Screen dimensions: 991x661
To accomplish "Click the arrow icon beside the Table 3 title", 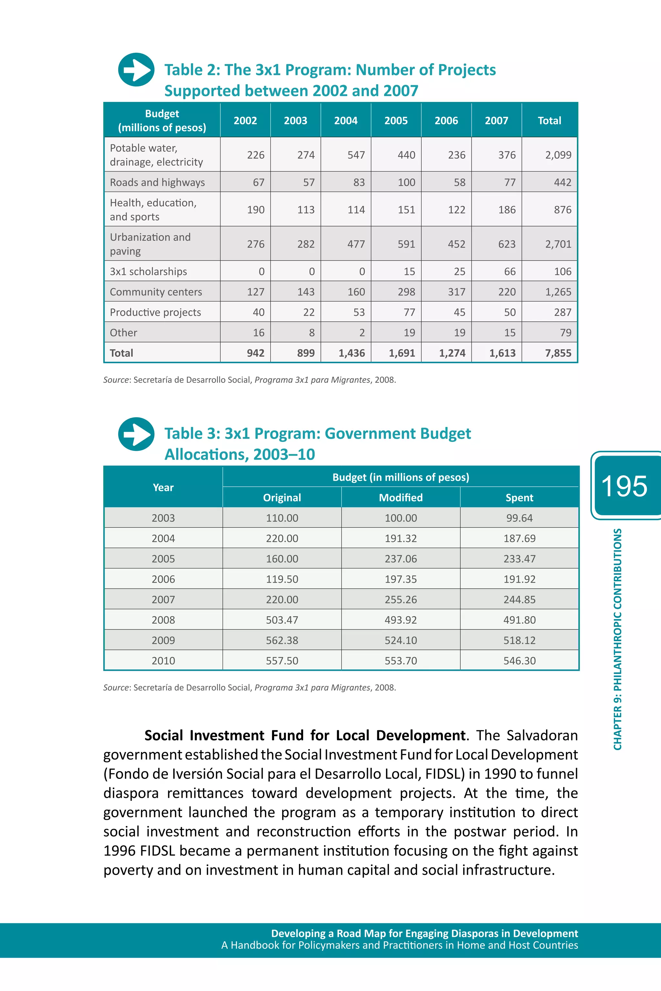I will (x=136, y=434).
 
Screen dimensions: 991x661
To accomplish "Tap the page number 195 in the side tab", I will (x=624, y=486).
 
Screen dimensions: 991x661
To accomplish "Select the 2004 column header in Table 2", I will (x=346, y=121).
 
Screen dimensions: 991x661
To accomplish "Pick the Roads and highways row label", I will (x=157, y=182).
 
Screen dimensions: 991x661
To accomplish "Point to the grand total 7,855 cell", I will (x=558, y=353).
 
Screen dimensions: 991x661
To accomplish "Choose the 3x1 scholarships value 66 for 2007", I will (x=509, y=272).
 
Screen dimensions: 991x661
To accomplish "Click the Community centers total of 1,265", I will (x=558, y=292).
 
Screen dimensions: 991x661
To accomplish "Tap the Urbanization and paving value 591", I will (x=406, y=244).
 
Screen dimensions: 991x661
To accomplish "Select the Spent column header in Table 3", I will (x=519, y=498).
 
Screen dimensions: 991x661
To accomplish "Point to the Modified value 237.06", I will (x=401, y=559).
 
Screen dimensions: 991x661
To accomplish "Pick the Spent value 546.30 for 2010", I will (x=519, y=661).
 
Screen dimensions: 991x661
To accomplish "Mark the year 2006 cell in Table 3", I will (x=163, y=579).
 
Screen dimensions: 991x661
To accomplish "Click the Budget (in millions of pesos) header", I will (x=401, y=477).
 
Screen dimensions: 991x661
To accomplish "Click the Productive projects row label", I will (x=155, y=312).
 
